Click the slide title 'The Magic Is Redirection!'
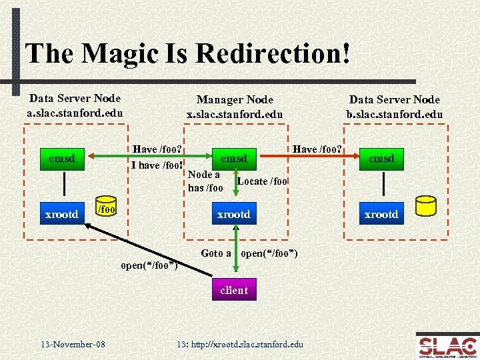pos(187,53)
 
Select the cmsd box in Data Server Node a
pos(61,159)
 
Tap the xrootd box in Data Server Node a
pos(61,214)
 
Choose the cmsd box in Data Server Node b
pos(381,159)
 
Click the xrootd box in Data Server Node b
pos(381,214)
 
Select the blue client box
pos(233,290)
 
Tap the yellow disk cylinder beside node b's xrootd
pos(425,207)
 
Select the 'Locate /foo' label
pos(262,181)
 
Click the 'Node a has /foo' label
pos(205,181)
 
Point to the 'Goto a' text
pos(216,253)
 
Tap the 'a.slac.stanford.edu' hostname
pos(75,113)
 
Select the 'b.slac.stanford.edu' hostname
pos(394,114)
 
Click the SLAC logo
pos(447,345)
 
